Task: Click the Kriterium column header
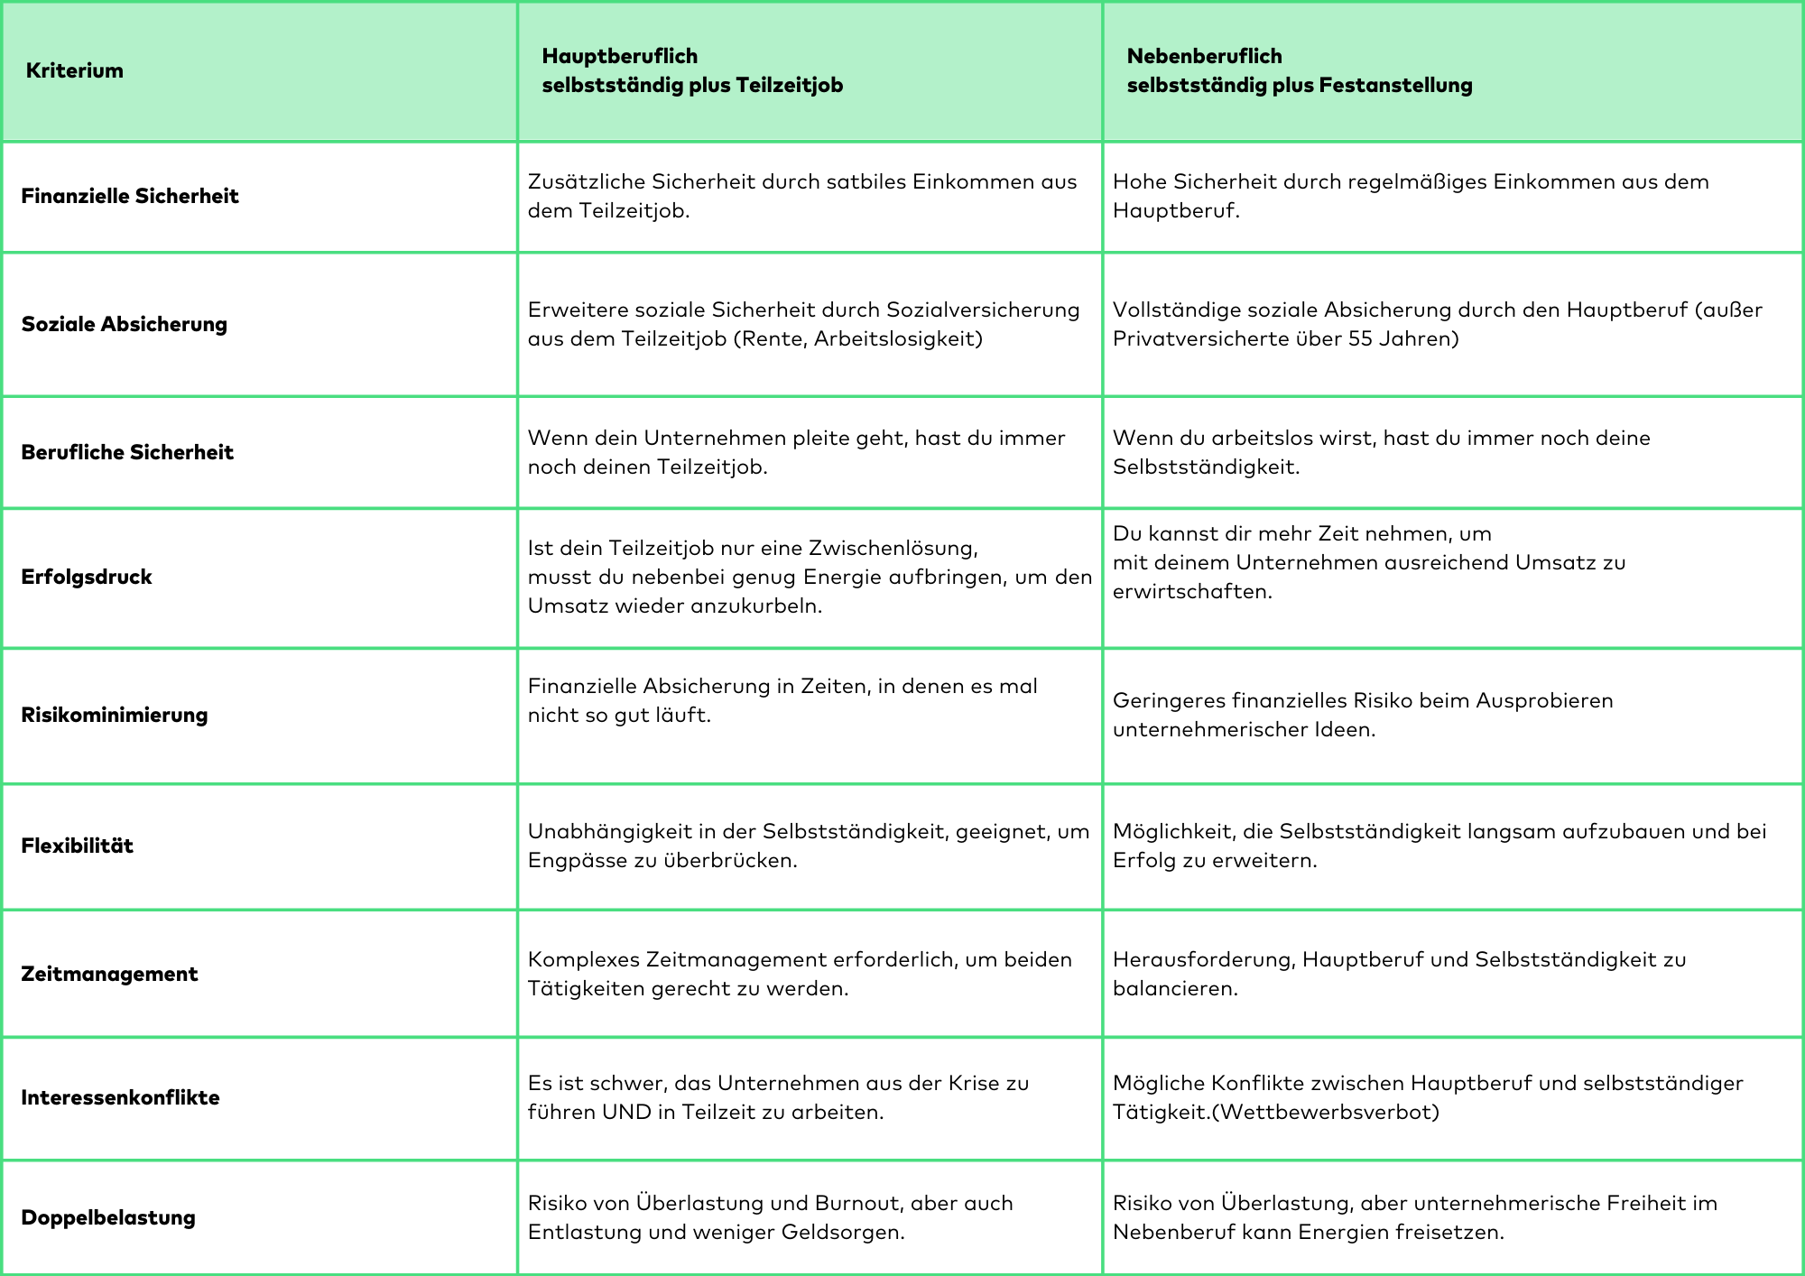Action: pos(74,70)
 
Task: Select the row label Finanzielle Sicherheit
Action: pos(130,196)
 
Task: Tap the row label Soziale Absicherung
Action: pos(125,324)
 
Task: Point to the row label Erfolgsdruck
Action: pos(87,577)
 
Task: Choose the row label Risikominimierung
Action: pos(115,715)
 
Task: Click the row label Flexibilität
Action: pos(78,846)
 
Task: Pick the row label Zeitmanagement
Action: pos(109,974)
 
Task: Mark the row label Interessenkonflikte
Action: pos(120,1097)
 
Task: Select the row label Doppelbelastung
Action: pos(108,1217)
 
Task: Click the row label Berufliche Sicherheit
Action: pos(127,452)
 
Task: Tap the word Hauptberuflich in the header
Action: pos(619,56)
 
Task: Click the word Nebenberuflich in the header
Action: pos(1204,56)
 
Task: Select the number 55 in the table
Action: pos(1360,338)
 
